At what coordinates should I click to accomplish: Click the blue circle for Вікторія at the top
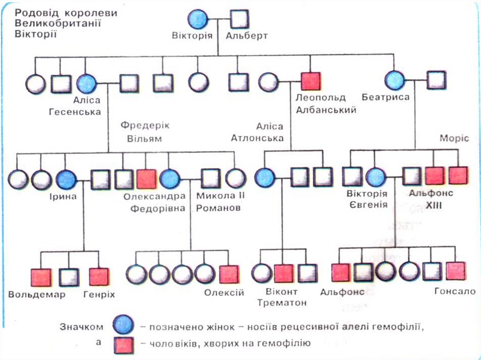coord(198,19)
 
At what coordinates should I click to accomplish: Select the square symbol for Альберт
coord(240,19)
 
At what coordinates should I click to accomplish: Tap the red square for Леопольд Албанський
coord(310,82)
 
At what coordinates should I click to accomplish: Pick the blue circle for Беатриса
coord(395,80)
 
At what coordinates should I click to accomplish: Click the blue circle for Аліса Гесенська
coord(86,84)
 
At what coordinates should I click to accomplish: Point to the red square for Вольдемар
coord(41,277)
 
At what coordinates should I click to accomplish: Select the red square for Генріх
coord(99,277)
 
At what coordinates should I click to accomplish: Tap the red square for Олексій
coord(229,275)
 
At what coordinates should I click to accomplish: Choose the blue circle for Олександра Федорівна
coord(170,178)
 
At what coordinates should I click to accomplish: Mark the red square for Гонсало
coord(456,271)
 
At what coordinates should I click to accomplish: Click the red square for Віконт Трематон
coord(284,274)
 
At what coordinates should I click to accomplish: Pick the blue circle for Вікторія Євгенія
coord(375,177)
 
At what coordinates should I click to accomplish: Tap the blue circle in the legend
coord(124,324)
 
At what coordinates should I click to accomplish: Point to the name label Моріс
coord(454,138)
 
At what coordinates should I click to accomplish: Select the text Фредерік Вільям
coord(145,132)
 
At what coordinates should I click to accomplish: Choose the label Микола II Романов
coord(218,201)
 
